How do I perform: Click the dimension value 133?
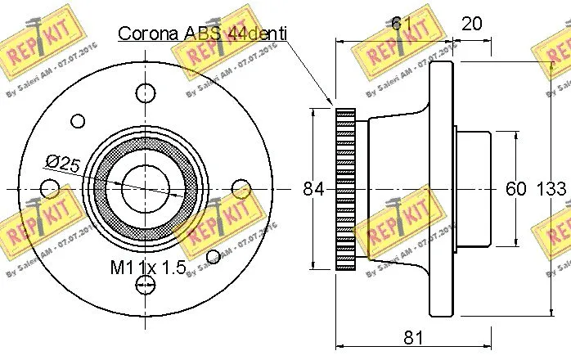pyautogui.click(x=551, y=189)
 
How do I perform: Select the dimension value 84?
pyautogui.click(x=314, y=189)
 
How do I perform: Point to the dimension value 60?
pyautogui.click(x=515, y=189)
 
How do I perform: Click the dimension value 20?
pyautogui.click(x=471, y=24)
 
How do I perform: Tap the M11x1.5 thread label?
pyautogui.click(x=148, y=267)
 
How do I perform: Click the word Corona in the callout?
pyautogui.click(x=150, y=34)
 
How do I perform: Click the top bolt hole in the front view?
pyautogui.click(x=145, y=92)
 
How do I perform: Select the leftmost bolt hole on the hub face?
pyautogui.click(x=50, y=189)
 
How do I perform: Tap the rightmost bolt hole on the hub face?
pyautogui.click(x=240, y=189)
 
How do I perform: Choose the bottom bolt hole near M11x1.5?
pyautogui.click(x=145, y=285)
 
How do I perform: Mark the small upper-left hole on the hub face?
pyautogui.click(x=78, y=121)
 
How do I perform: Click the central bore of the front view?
pyautogui.click(x=145, y=188)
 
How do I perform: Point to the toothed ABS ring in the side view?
pyautogui.click(x=347, y=188)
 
